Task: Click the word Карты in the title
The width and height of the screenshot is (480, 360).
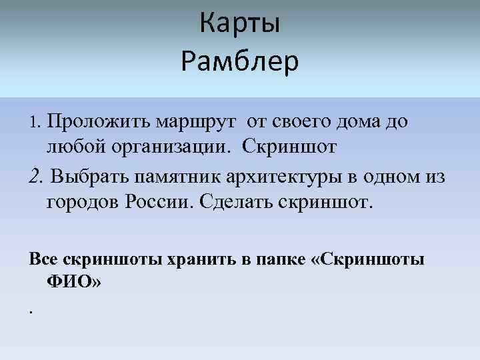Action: pyautogui.click(x=239, y=25)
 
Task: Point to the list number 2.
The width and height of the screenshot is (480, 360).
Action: pyautogui.click(x=37, y=177)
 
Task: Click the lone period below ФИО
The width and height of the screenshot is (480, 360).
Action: pyautogui.click(x=31, y=311)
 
